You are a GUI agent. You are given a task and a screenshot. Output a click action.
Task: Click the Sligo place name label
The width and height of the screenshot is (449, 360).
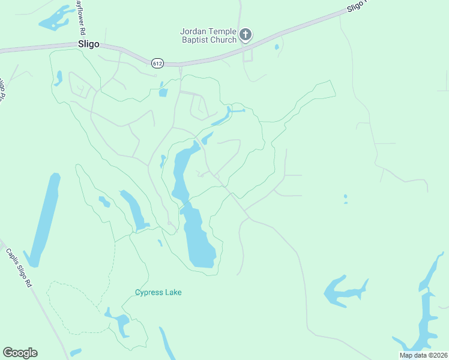[x=88, y=44]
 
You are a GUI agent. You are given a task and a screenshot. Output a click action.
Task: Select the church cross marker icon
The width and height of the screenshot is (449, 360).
[x=245, y=35]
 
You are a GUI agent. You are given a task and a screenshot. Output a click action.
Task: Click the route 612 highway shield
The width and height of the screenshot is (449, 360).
[x=157, y=62]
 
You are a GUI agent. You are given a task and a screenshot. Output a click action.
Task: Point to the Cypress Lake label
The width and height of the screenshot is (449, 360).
[x=158, y=292]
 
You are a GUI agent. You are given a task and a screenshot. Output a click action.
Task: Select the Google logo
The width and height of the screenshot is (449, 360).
[x=20, y=353]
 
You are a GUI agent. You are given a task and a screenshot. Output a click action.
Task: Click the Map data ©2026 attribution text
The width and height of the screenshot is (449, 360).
[x=423, y=355]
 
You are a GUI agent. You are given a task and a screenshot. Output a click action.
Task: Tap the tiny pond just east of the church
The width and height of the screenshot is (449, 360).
[x=276, y=47]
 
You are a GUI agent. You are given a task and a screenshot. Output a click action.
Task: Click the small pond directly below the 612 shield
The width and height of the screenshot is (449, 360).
[x=163, y=92]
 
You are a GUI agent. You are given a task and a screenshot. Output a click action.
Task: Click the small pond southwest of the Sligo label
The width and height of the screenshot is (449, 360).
[x=58, y=78]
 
